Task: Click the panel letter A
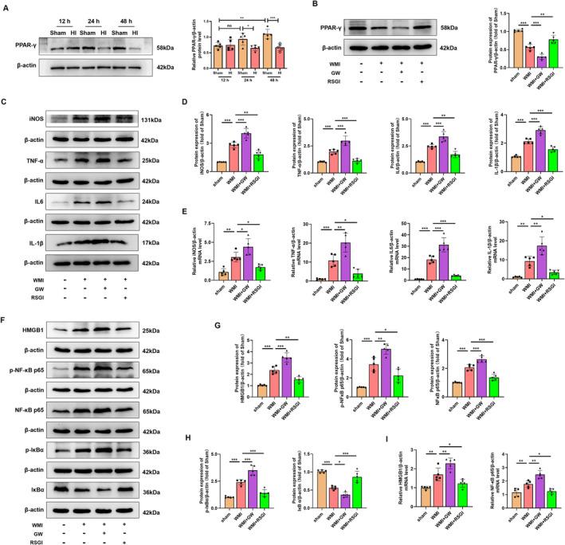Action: coord(7,6)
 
